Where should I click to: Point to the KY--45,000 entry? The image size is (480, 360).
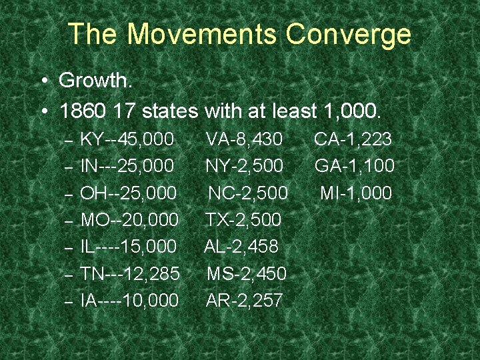click(x=127, y=139)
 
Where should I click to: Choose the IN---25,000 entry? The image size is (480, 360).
click(x=127, y=166)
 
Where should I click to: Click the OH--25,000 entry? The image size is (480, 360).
click(x=128, y=193)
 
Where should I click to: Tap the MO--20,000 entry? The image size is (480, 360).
click(x=129, y=220)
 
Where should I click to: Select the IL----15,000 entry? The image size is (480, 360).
click(x=128, y=247)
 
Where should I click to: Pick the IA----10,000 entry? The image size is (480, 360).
click(x=129, y=301)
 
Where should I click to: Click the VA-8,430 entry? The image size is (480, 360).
click(x=245, y=139)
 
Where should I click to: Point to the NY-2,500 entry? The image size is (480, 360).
click(x=245, y=166)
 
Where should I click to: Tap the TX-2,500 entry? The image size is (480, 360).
click(x=243, y=220)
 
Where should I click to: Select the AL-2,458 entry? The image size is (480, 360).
click(x=241, y=247)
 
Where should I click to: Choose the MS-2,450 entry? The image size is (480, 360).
click(x=247, y=273)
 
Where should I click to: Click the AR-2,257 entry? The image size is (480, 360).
click(x=245, y=301)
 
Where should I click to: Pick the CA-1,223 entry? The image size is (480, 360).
click(x=353, y=139)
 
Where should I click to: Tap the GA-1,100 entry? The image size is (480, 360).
click(x=355, y=166)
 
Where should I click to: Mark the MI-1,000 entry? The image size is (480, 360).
click(x=356, y=193)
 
